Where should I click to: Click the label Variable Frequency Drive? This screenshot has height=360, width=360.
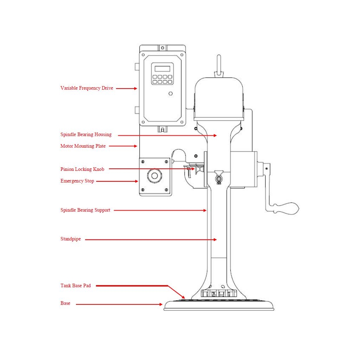86,88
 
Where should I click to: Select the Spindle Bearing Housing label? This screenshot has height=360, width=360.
86,135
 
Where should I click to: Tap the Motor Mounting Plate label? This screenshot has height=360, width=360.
83,146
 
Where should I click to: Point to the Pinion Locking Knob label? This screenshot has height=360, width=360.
82,169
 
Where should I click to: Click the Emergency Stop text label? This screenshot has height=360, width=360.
77,181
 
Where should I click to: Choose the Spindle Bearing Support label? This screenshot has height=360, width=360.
85,210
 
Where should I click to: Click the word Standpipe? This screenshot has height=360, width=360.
71,239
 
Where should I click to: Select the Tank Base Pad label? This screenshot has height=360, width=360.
76,286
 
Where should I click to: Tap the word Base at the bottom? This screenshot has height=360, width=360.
65,303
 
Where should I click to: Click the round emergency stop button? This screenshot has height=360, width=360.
155,176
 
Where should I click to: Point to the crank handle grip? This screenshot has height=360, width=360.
287,208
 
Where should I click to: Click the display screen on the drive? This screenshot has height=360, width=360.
162,69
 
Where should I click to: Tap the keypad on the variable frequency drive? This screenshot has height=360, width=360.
162,79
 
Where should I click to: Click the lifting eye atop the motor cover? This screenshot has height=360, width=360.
219,65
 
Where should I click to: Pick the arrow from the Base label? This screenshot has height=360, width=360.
120,304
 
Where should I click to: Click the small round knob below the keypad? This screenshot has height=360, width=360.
171,94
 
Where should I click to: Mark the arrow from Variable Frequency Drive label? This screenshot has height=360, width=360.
127,89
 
